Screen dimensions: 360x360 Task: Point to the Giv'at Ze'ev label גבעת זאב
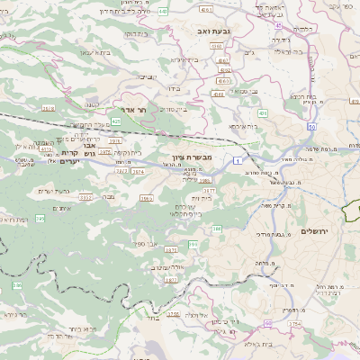pos(204,30)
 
